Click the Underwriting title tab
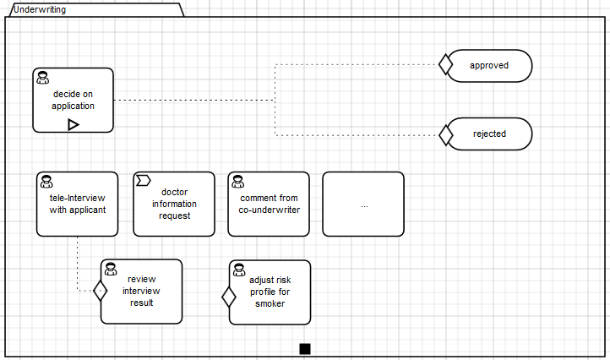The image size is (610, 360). [x=93, y=10]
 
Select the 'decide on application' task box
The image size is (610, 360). [x=73, y=100]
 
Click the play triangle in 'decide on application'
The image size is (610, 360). [x=74, y=124]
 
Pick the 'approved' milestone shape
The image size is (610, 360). [x=489, y=65]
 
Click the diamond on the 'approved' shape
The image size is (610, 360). [x=446, y=65]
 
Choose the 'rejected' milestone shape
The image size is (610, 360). [x=489, y=134]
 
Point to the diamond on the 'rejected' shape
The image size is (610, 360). [x=446, y=134]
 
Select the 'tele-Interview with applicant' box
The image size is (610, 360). [x=78, y=204]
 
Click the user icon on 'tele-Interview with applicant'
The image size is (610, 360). [x=46, y=181]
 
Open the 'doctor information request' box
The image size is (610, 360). [x=174, y=204]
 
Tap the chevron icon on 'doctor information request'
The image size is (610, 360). [x=143, y=180]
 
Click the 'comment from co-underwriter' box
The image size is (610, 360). [x=269, y=204]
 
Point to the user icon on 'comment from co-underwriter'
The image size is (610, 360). [x=237, y=181]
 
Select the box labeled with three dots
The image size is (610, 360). [x=363, y=204]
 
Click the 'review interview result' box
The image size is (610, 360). [x=141, y=291]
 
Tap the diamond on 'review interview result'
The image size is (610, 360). [x=101, y=291]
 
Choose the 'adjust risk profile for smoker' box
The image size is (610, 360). [x=270, y=292]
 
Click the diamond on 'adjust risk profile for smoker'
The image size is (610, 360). [x=228, y=297]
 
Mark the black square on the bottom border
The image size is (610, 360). [x=305, y=348]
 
